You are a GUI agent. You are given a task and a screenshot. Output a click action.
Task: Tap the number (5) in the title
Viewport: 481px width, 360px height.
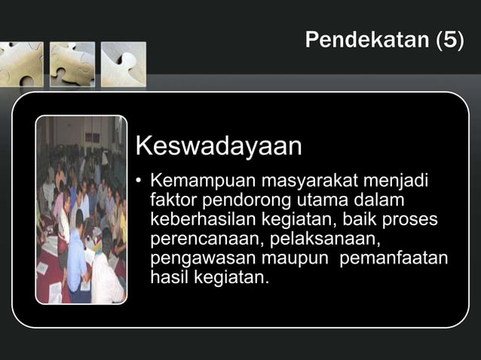(x=450, y=40)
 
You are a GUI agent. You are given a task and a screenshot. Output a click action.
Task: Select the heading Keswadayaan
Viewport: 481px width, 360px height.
(x=218, y=146)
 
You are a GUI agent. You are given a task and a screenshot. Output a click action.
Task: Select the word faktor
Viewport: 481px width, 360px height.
(x=172, y=201)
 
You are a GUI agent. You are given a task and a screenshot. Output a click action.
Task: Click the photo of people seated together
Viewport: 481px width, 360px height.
(x=81, y=209)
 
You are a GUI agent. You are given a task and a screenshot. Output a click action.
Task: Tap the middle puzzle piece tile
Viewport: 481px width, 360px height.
(x=72, y=64)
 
